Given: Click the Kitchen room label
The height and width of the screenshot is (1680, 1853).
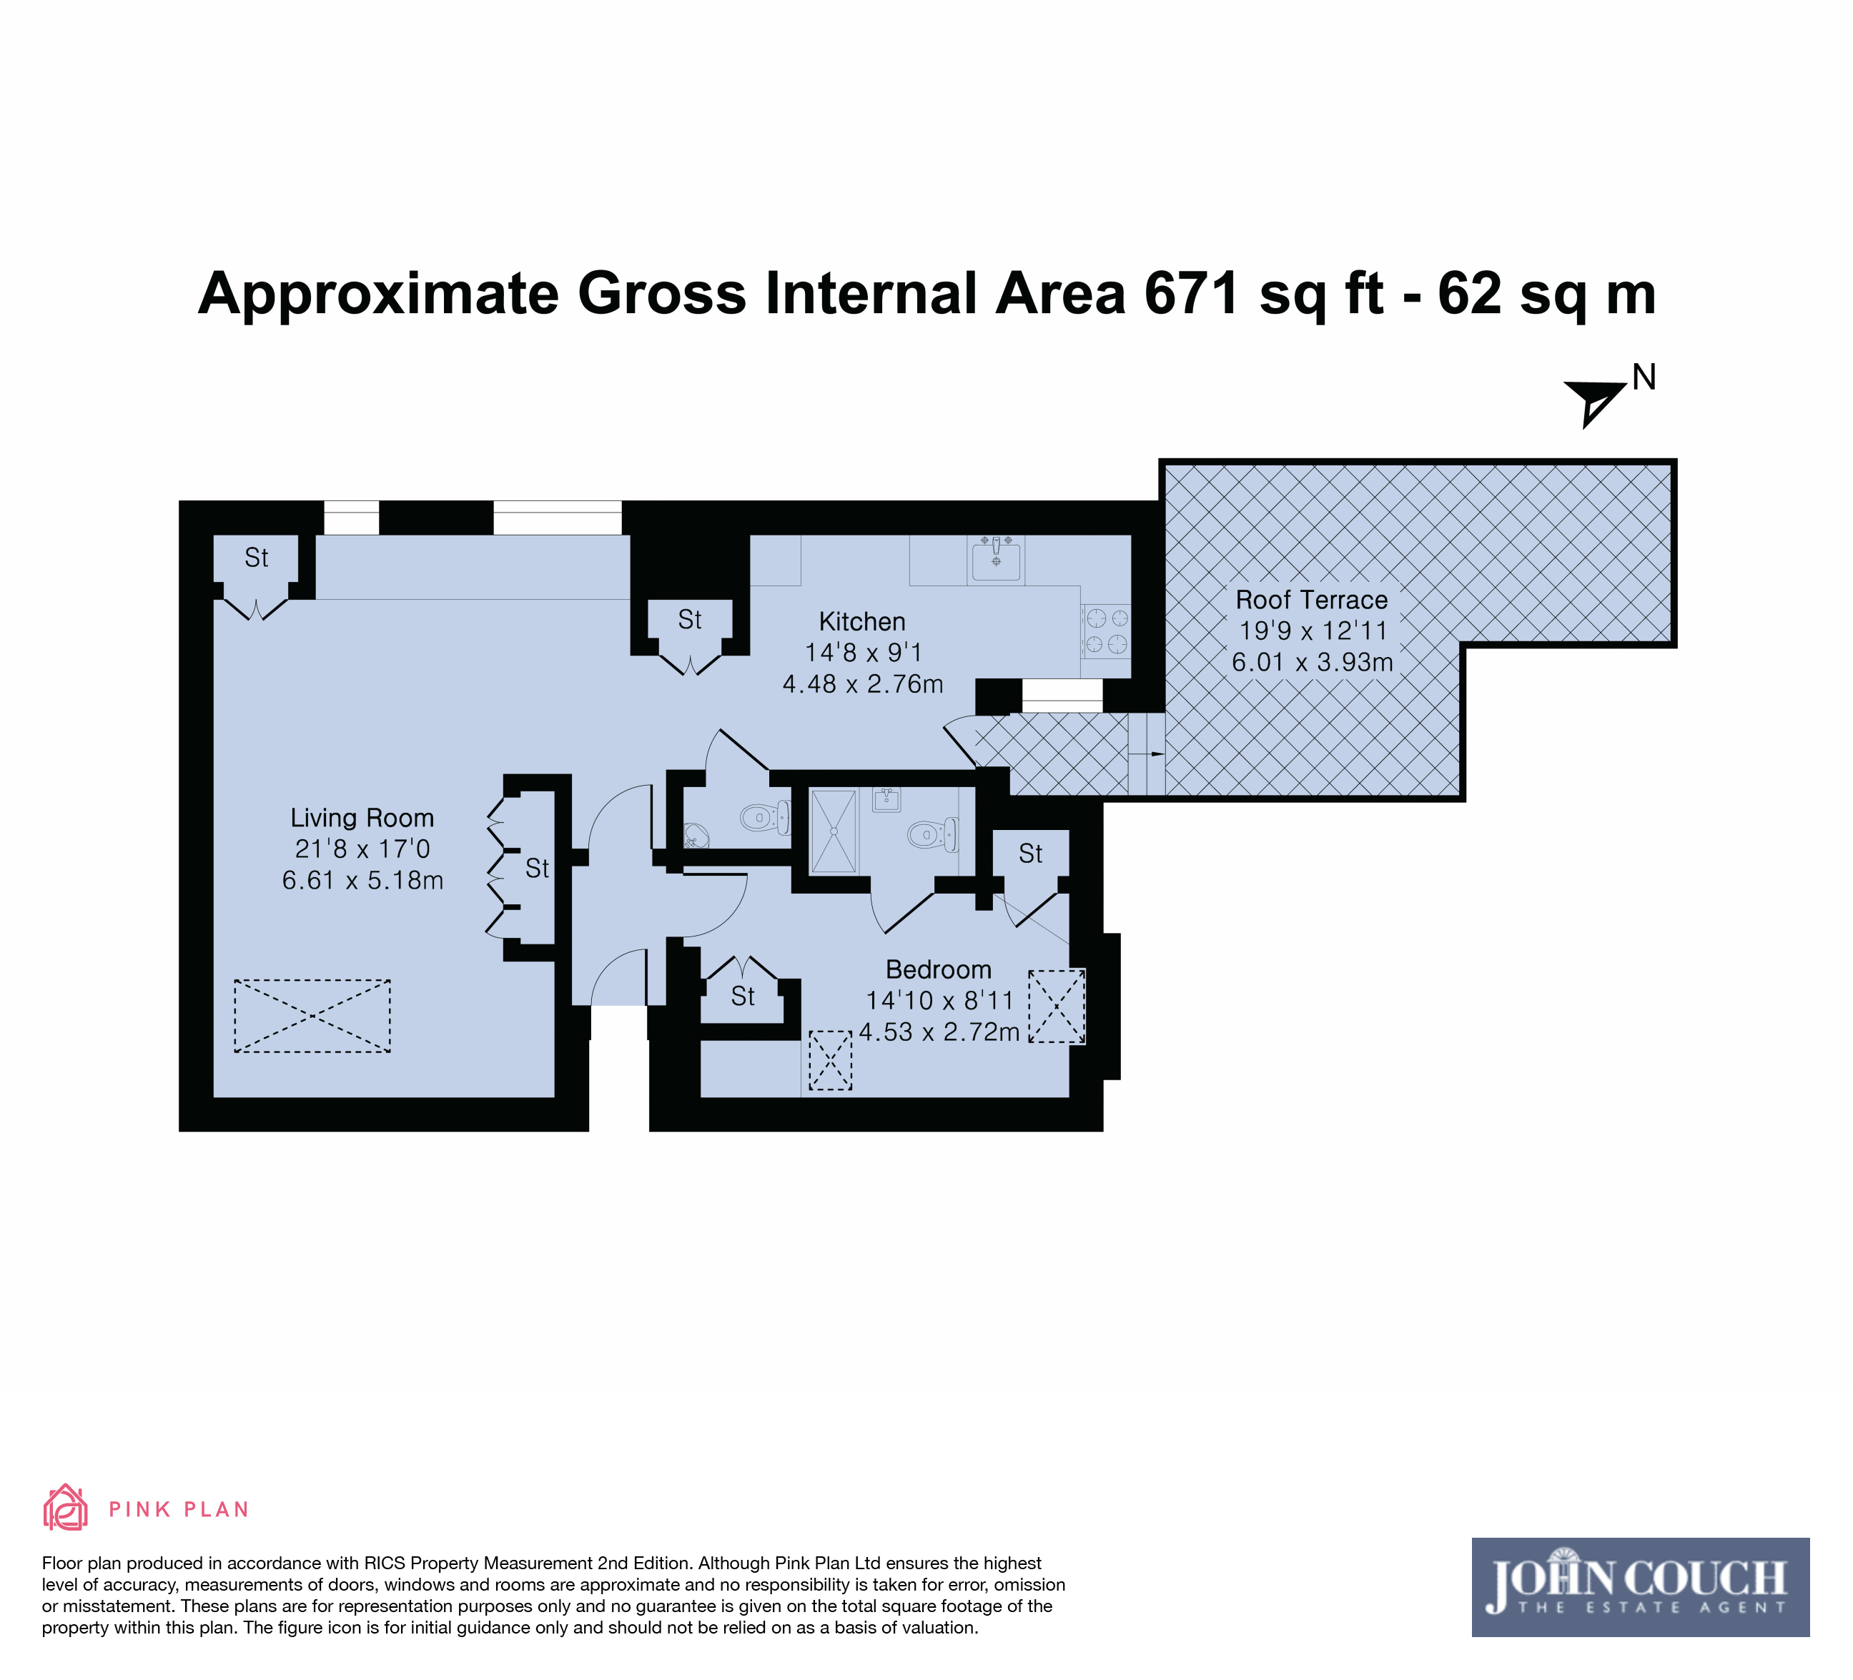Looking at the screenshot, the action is [x=862, y=622].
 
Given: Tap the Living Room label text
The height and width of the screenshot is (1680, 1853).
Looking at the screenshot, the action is [x=362, y=818].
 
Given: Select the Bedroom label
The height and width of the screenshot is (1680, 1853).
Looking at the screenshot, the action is [x=939, y=969].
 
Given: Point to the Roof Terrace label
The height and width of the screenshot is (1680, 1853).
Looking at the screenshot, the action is [x=1312, y=600].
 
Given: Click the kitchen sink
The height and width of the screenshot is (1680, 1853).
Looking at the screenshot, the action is [x=995, y=560].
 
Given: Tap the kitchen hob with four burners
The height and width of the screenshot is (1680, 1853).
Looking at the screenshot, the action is [x=1107, y=631].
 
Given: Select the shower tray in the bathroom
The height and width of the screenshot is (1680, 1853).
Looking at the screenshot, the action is [x=834, y=831].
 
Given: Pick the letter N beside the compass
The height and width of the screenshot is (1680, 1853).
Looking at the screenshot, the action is [x=1644, y=377].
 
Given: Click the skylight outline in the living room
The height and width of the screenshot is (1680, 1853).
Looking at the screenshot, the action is [x=312, y=1016].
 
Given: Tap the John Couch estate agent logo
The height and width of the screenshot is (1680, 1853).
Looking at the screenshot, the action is [x=1641, y=1587].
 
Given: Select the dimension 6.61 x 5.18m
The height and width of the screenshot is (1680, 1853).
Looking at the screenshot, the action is [x=362, y=881].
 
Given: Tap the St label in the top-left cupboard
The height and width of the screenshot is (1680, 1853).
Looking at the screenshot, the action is [x=257, y=558].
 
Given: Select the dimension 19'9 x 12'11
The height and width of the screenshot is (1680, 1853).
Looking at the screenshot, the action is [x=1312, y=631].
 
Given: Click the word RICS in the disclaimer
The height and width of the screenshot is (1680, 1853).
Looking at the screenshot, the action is [x=386, y=1563].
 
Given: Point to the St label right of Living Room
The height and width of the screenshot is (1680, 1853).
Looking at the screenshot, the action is [x=537, y=869].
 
